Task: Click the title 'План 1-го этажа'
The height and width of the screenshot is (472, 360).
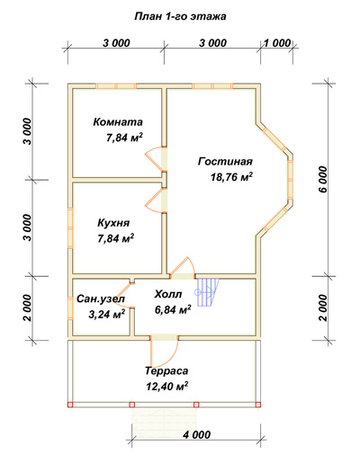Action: (x=180, y=16)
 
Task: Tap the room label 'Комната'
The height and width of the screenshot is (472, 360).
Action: (x=118, y=122)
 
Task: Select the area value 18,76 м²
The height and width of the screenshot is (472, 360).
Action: (x=231, y=177)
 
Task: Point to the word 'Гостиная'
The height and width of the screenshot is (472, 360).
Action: (x=225, y=162)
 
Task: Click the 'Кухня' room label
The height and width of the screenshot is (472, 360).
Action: (x=113, y=223)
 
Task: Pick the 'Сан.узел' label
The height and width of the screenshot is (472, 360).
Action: (x=101, y=299)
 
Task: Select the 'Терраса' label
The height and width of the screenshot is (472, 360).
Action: (x=166, y=370)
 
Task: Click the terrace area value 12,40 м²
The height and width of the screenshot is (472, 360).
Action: (x=167, y=387)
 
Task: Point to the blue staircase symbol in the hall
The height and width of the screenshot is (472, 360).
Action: (x=208, y=292)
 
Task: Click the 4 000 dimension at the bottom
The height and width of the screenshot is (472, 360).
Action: (x=197, y=434)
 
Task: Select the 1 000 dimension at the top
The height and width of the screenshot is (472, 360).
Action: (x=277, y=43)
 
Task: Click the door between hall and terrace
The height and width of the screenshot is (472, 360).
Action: (x=164, y=349)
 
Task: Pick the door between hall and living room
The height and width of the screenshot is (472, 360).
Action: (x=184, y=269)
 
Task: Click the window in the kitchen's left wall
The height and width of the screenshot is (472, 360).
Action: (x=70, y=227)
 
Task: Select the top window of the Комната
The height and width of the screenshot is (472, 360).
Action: (x=116, y=86)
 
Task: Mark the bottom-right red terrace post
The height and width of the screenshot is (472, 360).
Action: (x=258, y=405)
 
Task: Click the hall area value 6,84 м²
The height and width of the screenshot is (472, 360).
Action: (x=173, y=309)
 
